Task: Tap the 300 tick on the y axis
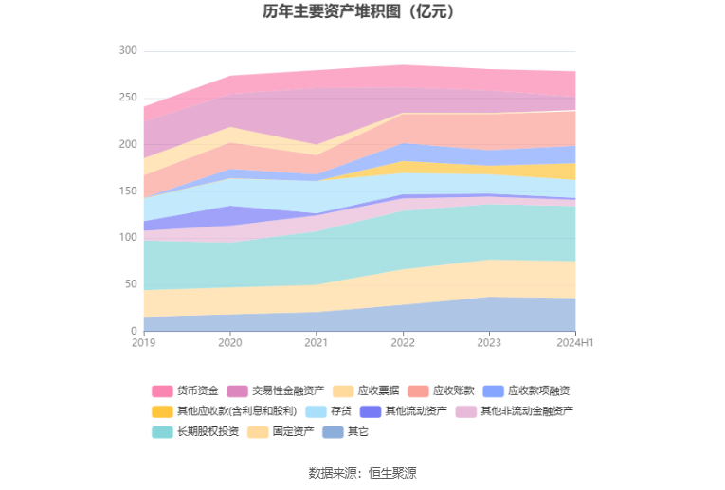128,50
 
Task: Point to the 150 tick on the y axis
128,191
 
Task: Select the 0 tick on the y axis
134,331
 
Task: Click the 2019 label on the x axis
144,342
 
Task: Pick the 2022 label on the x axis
403,342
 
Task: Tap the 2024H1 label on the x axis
574,342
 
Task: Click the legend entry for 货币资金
185,391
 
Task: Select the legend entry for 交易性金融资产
276,391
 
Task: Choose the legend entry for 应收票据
366,391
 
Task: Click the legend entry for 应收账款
441,391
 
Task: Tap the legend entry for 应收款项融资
526,391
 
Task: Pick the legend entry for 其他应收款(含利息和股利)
225,411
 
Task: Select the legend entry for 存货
328,411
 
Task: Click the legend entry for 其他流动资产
403,411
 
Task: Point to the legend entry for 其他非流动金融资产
515,411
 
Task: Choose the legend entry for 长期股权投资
195,432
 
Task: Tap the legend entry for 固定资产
281,432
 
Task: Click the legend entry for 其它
345,432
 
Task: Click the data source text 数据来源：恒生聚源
362,473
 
